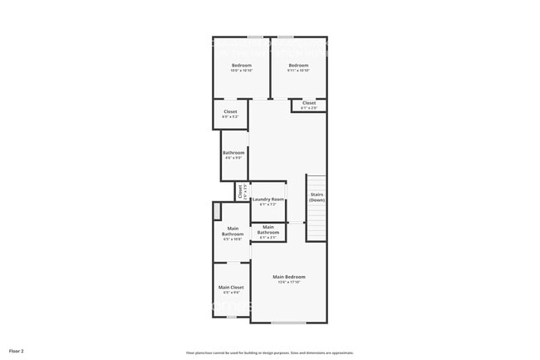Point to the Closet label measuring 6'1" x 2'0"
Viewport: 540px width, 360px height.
click(308, 103)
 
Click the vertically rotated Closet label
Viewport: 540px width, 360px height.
click(239, 191)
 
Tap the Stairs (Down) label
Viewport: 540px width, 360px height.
click(317, 198)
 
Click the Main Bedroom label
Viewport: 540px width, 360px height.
click(289, 277)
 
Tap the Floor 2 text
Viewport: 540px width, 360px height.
click(17, 352)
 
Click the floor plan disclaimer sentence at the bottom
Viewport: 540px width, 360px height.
click(270, 352)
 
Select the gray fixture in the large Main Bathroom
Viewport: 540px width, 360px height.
click(216, 210)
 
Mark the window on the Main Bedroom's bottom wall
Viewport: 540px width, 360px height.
click(288, 323)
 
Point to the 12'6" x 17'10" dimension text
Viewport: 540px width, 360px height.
click(289, 283)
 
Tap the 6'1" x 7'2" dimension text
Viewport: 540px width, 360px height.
click(268, 205)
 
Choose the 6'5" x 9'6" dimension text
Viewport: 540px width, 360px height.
click(230, 293)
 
